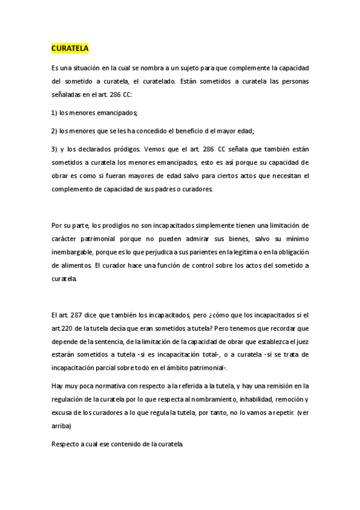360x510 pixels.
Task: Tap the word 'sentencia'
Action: pos(112,342)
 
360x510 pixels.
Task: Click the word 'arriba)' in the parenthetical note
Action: pos(61,425)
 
